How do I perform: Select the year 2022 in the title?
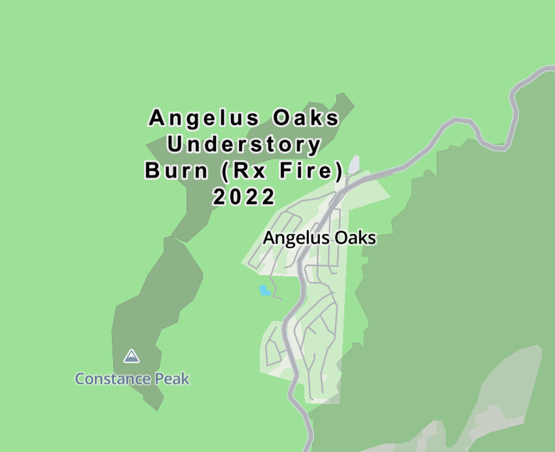[x=243, y=197]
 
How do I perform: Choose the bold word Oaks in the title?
[x=307, y=119]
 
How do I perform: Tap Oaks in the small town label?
[x=353, y=238]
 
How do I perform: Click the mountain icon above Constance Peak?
[x=132, y=356]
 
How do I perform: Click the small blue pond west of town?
[x=264, y=290]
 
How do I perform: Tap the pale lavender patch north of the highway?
[x=354, y=164]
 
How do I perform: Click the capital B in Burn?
[x=152, y=171]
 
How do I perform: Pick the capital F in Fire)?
[x=283, y=171]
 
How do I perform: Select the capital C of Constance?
[x=81, y=379]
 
